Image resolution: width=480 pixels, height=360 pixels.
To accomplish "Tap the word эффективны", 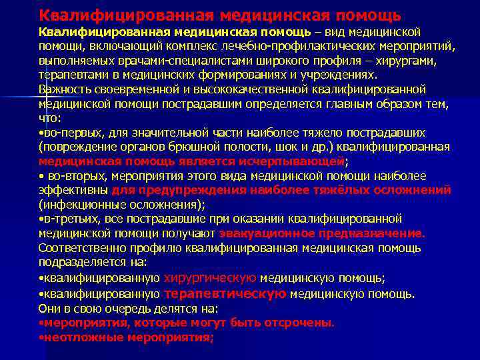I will point(71,190).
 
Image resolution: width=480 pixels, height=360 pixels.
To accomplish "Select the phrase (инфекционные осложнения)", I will point(121,205).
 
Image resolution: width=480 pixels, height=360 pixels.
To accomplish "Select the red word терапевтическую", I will point(225,293).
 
